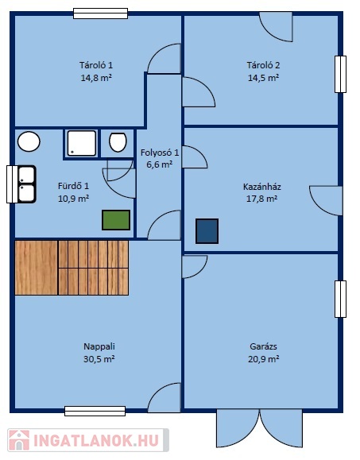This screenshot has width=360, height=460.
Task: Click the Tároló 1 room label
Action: [x=96, y=65]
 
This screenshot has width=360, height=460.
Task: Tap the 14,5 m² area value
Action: [x=263, y=78]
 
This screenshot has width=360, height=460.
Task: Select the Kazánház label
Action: [x=262, y=187]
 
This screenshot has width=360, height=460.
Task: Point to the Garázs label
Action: [x=263, y=346]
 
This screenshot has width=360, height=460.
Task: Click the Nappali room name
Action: [x=99, y=346]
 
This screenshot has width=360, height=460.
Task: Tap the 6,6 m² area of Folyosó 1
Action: [x=159, y=164]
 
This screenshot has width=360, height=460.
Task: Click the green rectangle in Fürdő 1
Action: [x=116, y=220]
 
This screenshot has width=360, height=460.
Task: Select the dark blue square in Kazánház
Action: [x=207, y=231]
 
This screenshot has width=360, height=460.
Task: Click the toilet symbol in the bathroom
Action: [x=118, y=142]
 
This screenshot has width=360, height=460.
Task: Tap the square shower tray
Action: [x=82, y=143]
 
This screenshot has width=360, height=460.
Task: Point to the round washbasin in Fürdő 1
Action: [x=29, y=141]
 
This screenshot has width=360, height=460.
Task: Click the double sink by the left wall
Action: [x=27, y=184]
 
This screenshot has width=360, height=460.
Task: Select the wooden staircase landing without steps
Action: [x=36, y=268]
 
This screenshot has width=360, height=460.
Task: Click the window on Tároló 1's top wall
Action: [x=100, y=14]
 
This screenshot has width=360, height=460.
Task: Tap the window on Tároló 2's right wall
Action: [x=340, y=74]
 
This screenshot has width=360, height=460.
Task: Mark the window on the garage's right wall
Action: [x=340, y=299]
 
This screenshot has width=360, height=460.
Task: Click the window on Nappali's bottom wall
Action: [x=95, y=411]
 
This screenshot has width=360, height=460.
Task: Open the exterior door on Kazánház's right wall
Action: [x=326, y=201]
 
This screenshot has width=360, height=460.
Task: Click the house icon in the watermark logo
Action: [x=19, y=440]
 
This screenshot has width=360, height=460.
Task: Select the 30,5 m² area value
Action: [x=99, y=359]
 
